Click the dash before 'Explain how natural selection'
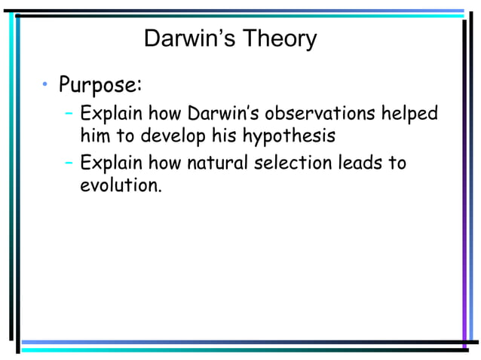click(69, 162)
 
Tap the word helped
click(410, 114)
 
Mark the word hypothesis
click(290, 139)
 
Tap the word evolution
click(121, 185)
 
